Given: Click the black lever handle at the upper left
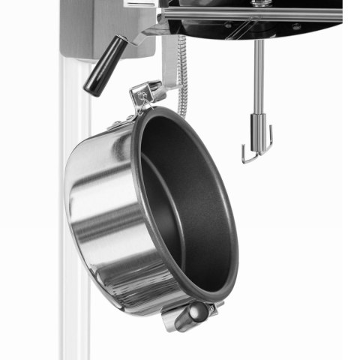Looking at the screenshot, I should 105,66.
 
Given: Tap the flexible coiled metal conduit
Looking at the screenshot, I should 181,75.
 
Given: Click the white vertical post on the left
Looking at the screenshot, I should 74,225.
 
